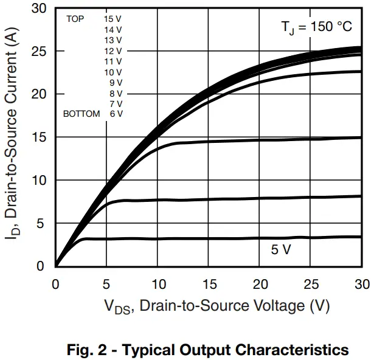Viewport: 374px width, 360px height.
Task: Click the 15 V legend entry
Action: click(113, 19)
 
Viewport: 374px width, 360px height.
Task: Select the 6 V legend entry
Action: click(116, 114)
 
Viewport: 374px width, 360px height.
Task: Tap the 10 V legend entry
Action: click(113, 72)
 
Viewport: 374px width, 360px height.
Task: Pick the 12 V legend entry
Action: click(113, 50)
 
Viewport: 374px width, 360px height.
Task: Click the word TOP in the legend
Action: click(75, 19)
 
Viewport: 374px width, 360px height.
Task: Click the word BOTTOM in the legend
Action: click(81, 114)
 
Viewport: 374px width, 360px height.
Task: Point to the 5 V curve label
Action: click(281, 249)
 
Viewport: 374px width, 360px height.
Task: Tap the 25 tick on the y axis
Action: click(38, 51)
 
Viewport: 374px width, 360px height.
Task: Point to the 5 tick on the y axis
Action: click(41, 223)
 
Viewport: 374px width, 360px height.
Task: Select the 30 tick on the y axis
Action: click(38, 9)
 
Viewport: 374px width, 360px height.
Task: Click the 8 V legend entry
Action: click(116, 93)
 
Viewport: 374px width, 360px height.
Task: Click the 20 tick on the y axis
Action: click(38, 94)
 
